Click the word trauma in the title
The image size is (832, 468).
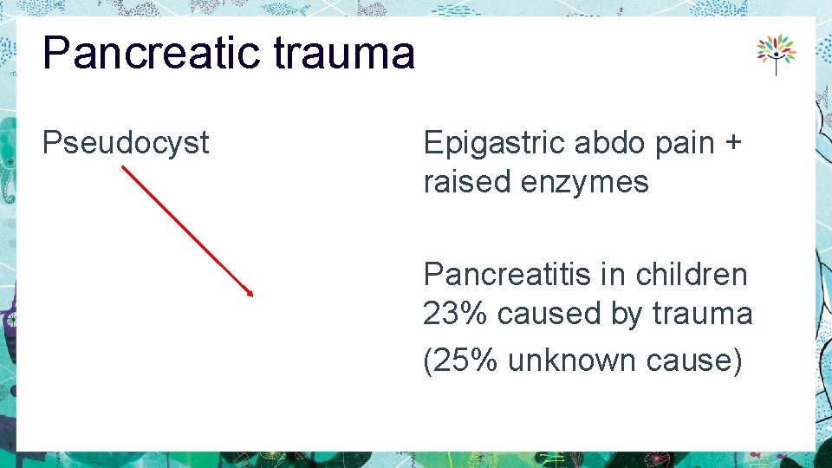[x=343, y=53]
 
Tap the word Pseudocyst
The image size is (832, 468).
[x=126, y=143]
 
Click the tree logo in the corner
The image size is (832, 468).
[x=776, y=54]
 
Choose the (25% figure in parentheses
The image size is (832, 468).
[x=459, y=360]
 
